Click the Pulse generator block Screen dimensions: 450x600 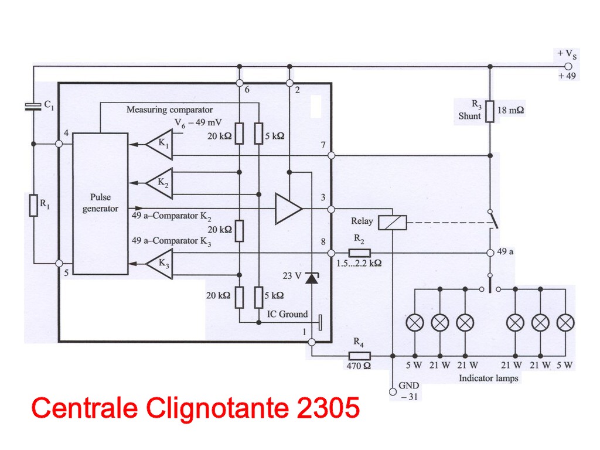click(100, 203)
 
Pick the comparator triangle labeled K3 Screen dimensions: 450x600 click(159, 264)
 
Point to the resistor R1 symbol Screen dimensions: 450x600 click(33, 206)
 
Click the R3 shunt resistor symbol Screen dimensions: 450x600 click(490, 111)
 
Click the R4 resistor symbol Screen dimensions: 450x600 click(359, 356)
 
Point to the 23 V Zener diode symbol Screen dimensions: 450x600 click(312, 278)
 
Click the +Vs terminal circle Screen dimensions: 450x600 click(567, 66)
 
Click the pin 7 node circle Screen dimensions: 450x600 click(331, 155)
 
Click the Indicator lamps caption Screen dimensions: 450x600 click(489, 379)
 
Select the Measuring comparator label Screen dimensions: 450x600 click(169, 110)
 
